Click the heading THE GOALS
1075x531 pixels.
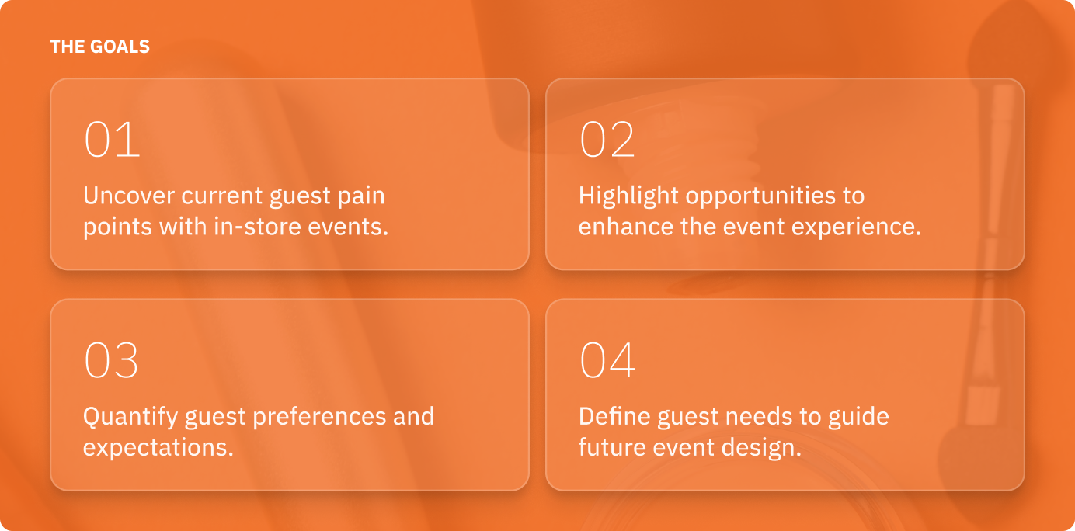pos(100,47)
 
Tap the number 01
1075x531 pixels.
pos(113,139)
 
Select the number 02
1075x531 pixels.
pos(607,139)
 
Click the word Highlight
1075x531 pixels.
pos(628,196)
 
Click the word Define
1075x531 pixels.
pos(614,416)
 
